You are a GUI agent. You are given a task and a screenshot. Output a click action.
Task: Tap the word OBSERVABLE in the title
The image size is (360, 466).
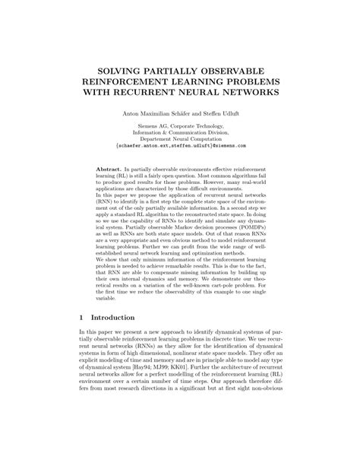tap(249, 65)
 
